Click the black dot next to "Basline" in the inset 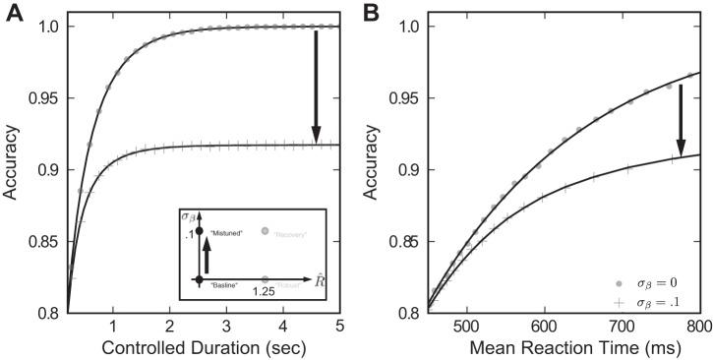200,280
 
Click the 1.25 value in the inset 262,292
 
